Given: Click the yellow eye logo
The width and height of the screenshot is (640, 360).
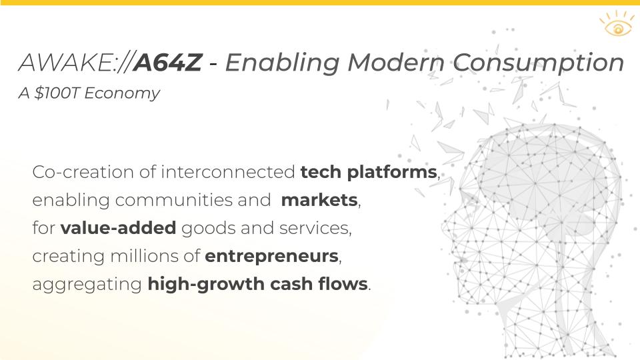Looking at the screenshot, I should (616, 26).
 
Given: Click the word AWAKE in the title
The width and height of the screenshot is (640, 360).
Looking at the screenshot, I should (65, 63).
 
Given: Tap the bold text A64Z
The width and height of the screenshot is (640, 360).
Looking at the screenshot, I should (167, 63).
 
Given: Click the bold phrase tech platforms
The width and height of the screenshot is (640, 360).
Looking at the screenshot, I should (368, 173).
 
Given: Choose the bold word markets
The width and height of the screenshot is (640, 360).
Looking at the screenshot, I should (319, 201).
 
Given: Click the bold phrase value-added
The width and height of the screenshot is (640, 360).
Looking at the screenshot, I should (118, 229).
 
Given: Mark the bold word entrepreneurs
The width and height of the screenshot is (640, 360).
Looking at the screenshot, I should (272, 257).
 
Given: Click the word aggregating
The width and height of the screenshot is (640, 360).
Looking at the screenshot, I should (87, 285).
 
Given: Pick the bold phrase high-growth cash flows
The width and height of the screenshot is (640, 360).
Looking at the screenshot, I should (257, 285).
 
